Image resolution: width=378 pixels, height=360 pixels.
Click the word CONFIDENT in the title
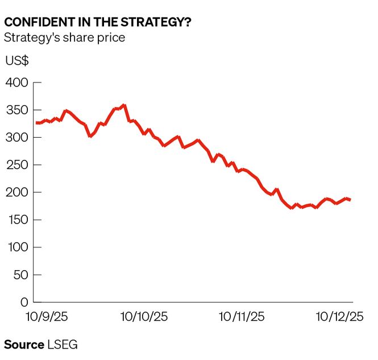click(32, 23)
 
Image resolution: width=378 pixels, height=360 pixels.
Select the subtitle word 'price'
click(111, 38)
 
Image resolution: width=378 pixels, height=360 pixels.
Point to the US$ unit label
click(17, 61)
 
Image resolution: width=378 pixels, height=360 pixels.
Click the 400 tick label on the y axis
click(16, 83)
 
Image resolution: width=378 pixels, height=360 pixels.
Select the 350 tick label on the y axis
click(16, 110)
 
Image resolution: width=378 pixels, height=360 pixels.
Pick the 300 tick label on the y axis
click(16, 138)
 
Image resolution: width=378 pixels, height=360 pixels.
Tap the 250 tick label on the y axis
click(16, 165)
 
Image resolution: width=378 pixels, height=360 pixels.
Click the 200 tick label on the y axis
click(16, 192)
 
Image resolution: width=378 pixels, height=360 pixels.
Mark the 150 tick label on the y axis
click(16, 220)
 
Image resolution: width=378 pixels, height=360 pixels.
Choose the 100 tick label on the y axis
click(16, 247)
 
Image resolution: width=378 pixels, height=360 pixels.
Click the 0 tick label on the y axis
click(23, 302)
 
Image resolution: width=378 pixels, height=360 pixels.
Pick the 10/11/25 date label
click(242, 317)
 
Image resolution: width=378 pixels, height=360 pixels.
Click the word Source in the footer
click(24, 345)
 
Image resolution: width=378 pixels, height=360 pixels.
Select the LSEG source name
click(62, 345)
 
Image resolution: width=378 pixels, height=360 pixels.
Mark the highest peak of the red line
click(124, 105)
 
